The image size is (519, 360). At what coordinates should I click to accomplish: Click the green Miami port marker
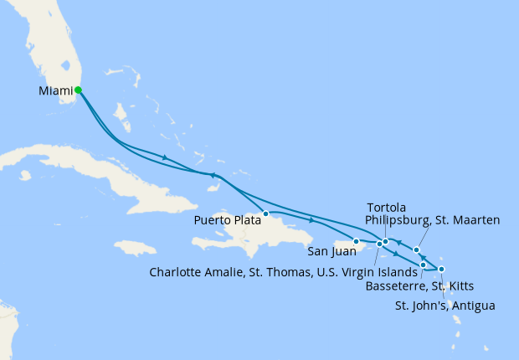[78, 90]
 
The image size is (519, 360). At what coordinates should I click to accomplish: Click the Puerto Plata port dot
[265, 213]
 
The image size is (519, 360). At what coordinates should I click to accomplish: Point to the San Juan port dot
[357, 242]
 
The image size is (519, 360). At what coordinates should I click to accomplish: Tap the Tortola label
[387, 207]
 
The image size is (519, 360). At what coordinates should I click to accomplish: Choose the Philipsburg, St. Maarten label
[433, 220]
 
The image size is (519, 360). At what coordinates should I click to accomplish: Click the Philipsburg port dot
[416, 249]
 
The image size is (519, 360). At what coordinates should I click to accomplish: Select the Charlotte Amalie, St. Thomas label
[283, 272]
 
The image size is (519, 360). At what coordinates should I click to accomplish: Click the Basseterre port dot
[423, 265]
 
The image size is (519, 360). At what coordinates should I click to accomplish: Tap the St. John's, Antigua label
[444, 306]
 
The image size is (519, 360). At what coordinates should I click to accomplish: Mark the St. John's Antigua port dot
[441, 269]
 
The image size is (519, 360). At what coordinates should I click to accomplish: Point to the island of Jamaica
[134, 248]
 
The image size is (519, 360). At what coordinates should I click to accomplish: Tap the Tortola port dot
[386, 243]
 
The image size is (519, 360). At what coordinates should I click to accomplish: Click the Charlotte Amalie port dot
[379, 244]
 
